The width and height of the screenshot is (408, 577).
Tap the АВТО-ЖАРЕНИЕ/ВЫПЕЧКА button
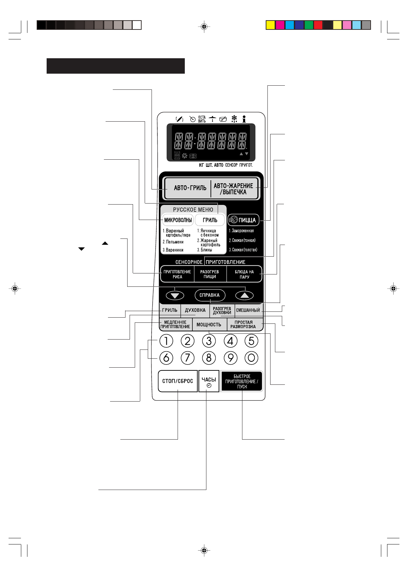tap(234, 189)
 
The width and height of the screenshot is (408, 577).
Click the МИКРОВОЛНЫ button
tap(178, 220)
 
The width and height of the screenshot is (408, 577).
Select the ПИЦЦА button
tap(243, 220)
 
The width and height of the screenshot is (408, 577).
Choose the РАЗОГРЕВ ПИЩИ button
tap(209, 274)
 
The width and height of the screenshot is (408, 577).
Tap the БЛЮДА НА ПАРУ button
tap(244, 274)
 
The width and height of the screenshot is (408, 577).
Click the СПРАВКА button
tap(209, 295)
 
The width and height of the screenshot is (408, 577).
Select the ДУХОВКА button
tap(195, 310)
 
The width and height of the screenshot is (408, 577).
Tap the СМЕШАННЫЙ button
tap(248, 310)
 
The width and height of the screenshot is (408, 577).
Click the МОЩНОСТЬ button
tap(209, 324)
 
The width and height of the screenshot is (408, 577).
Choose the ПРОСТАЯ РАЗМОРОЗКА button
tap(243, 324)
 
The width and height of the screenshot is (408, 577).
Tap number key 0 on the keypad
tap(251, 358)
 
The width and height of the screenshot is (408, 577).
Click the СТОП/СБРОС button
tap(178, 381)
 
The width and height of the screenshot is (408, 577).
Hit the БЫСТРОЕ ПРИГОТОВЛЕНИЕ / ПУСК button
tap(242, 381)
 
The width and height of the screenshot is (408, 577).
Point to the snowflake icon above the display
tap(234, 119)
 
